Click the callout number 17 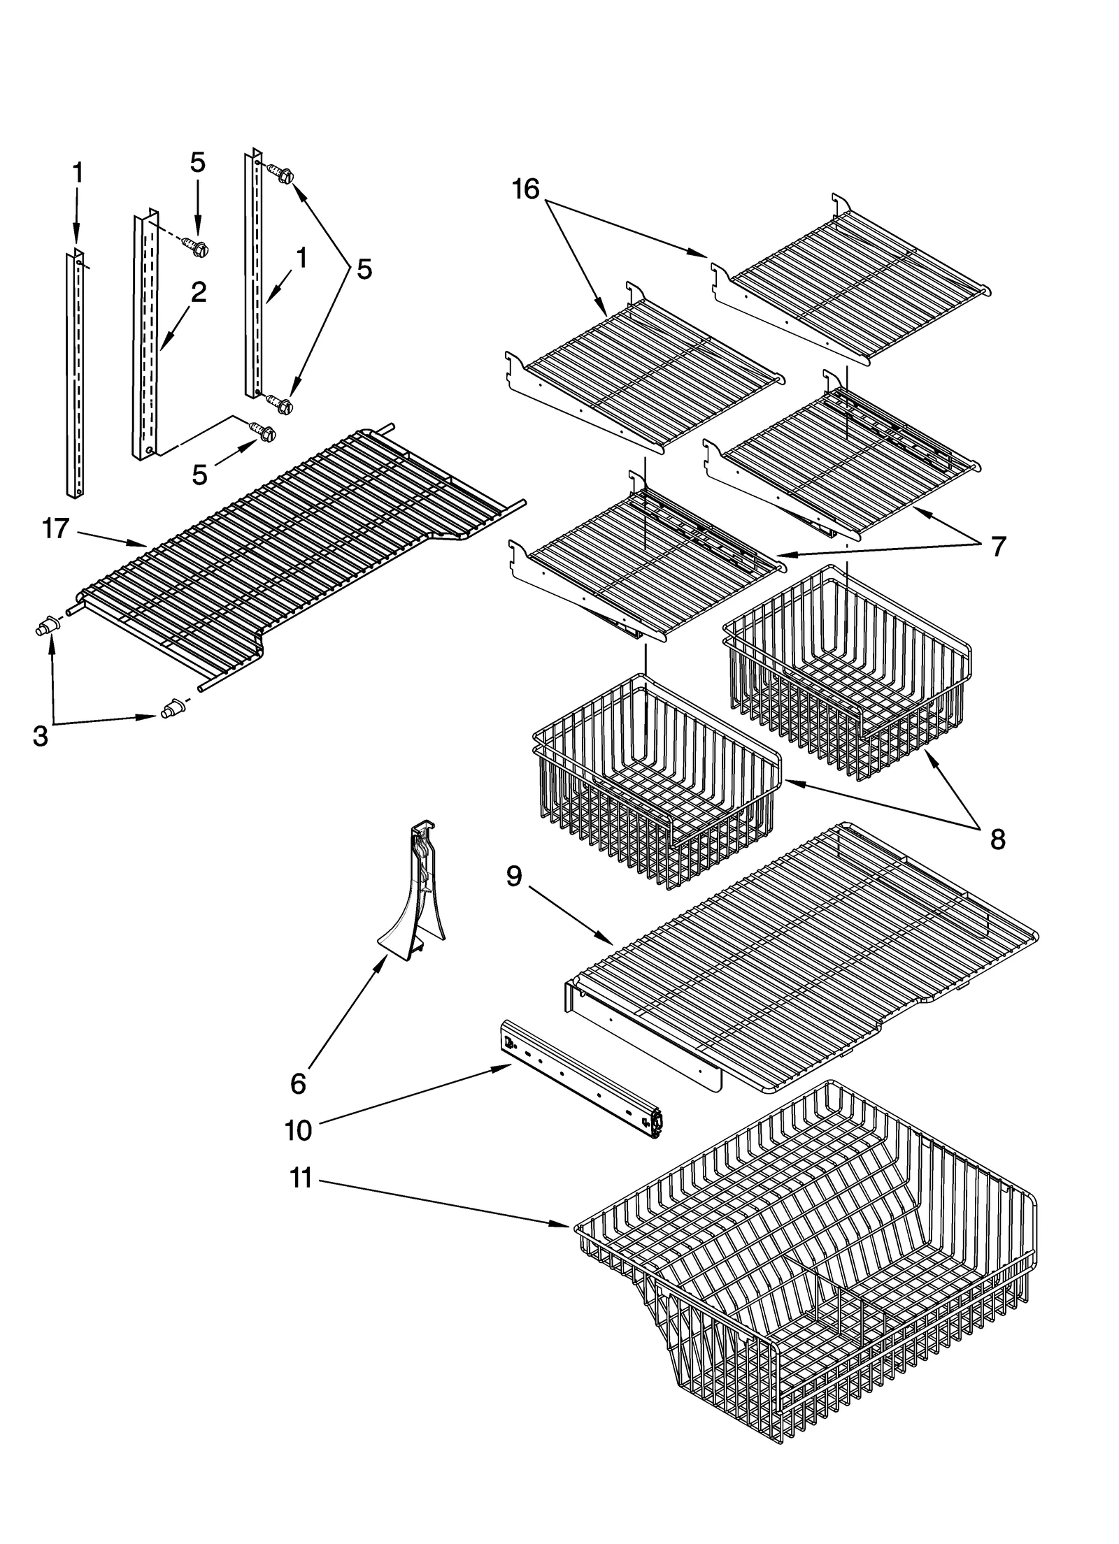coord(56,529)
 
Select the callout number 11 coord(301,1178)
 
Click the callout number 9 coord(514,876)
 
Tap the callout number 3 coord(41,735)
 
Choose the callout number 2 coord(199,292)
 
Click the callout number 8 coord(997,839)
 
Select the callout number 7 coord(997,546)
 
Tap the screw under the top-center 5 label coord(198,246)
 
